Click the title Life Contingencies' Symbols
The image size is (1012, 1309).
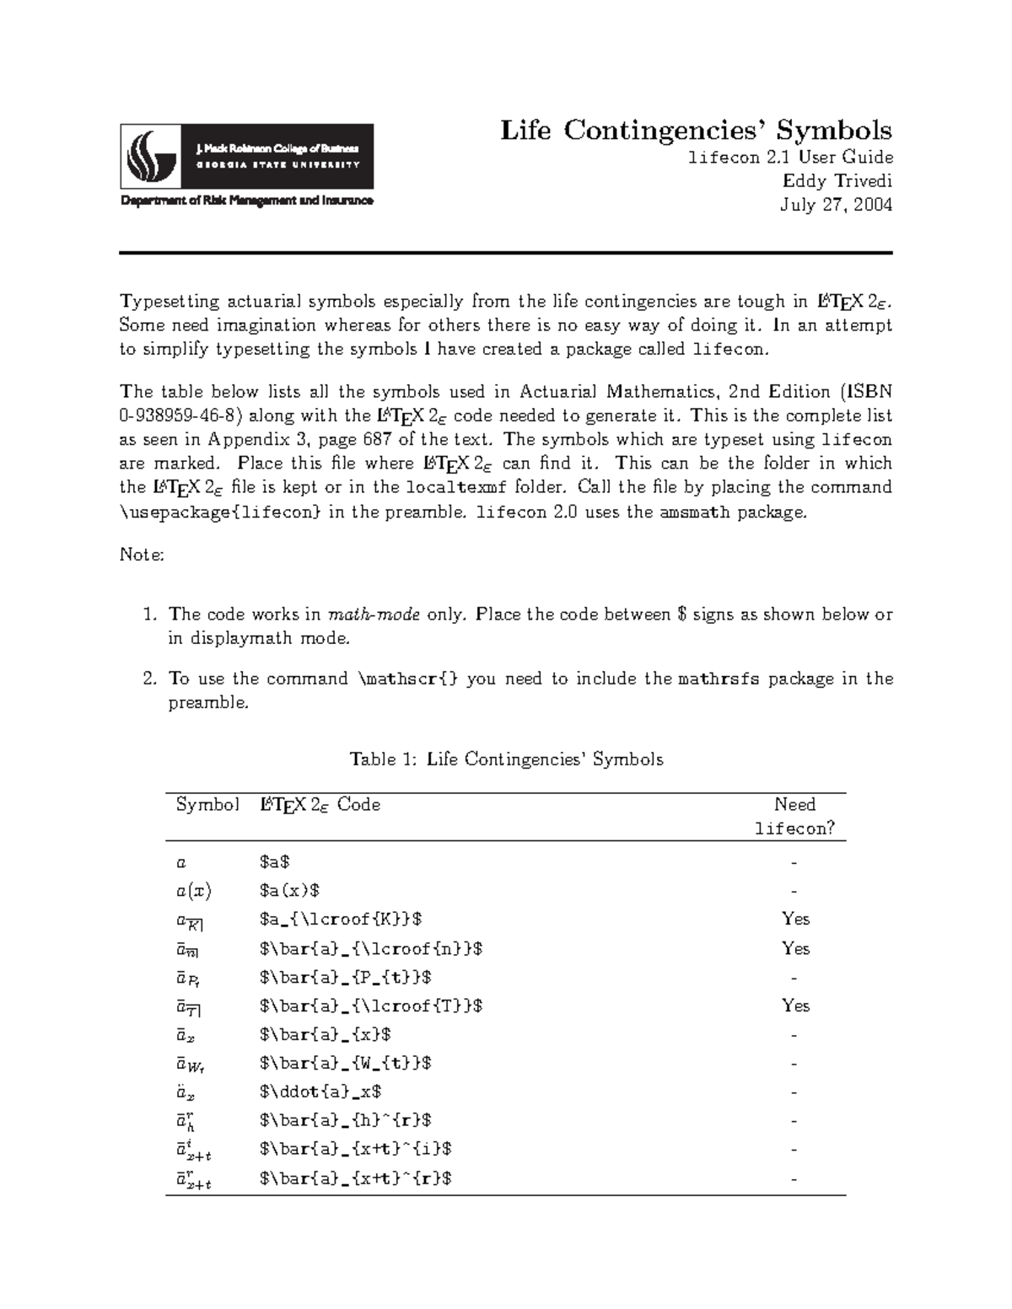696,131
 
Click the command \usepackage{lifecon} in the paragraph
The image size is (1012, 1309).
220,512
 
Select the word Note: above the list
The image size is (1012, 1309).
142,555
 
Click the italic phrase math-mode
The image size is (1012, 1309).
374,614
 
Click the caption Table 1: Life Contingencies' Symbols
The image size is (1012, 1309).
506,759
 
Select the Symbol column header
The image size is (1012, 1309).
207,805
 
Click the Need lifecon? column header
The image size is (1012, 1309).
794,816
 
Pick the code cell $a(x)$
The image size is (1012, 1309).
290,891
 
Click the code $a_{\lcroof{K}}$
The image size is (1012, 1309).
341,920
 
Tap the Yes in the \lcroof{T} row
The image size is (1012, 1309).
795,1006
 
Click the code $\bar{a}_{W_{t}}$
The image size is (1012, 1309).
346,1063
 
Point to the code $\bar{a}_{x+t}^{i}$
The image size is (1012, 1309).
356,1149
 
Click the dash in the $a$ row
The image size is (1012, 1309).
794,862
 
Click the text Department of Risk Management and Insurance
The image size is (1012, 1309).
246,201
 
